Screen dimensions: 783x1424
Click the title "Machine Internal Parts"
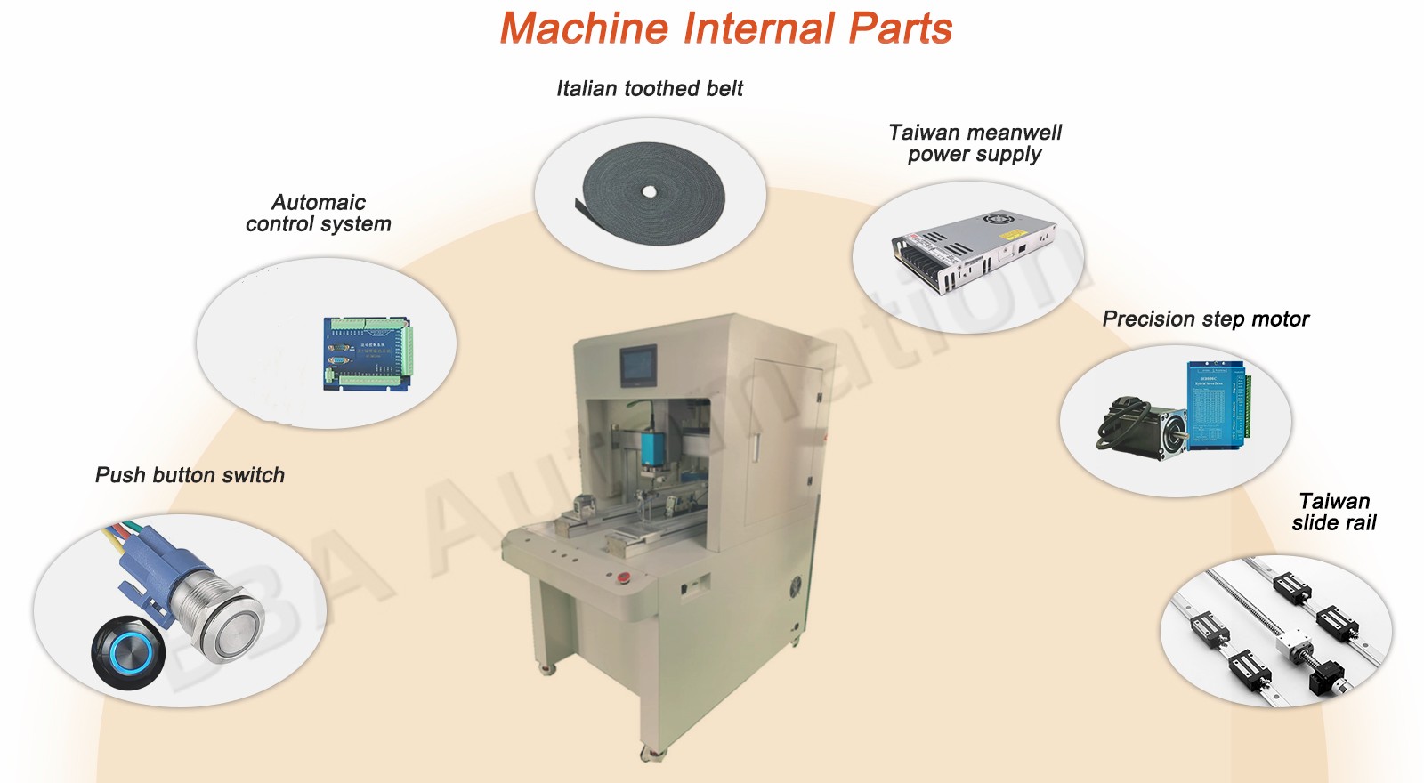click(725, 28)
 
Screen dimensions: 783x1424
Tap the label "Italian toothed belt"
click(650, 88)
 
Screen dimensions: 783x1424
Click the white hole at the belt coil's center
click(650, 191)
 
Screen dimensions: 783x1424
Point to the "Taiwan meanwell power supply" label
click(975, 143)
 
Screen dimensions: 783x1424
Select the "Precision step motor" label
click(1205, 319)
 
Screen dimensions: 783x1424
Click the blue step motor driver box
click(1216, 406)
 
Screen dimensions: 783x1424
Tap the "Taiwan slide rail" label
click(1333, 512)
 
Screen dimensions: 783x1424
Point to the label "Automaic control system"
click(319, 213)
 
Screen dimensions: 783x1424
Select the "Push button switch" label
click(190, 475)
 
